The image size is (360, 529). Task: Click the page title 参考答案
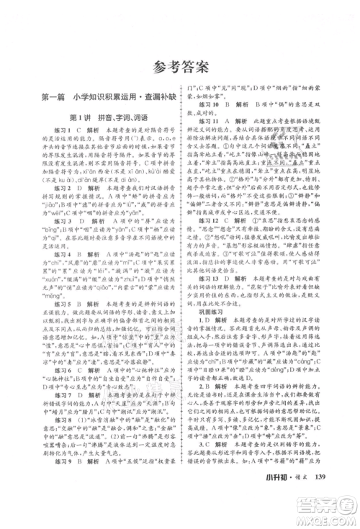(x=180, y=68)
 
